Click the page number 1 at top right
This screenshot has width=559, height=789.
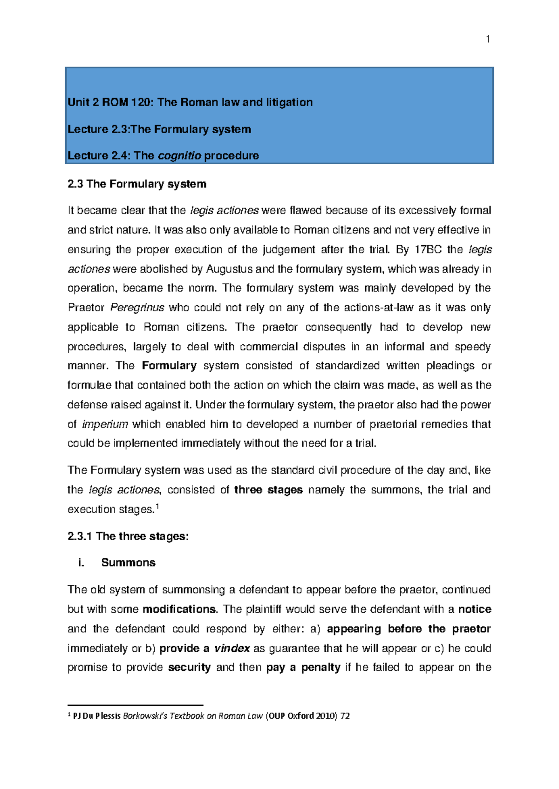(487, 40)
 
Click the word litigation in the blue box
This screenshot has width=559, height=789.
(289, 102)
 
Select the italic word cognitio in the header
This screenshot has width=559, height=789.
(179, 156)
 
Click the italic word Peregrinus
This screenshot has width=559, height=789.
(137, 308)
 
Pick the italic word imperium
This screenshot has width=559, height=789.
(105, 424)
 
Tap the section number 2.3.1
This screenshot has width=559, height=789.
(80, 536)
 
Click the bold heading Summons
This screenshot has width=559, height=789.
(128, 563)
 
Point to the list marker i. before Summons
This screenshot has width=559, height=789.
(82, 563)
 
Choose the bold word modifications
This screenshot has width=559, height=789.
(179, 609)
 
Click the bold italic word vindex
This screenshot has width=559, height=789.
(232, 649)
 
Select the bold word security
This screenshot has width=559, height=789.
(189, 668)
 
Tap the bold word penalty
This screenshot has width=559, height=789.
(320, 668)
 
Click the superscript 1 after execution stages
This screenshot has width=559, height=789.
(157, 507)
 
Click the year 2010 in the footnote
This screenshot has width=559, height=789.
(325, 716)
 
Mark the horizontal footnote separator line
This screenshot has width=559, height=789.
(135, 705)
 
